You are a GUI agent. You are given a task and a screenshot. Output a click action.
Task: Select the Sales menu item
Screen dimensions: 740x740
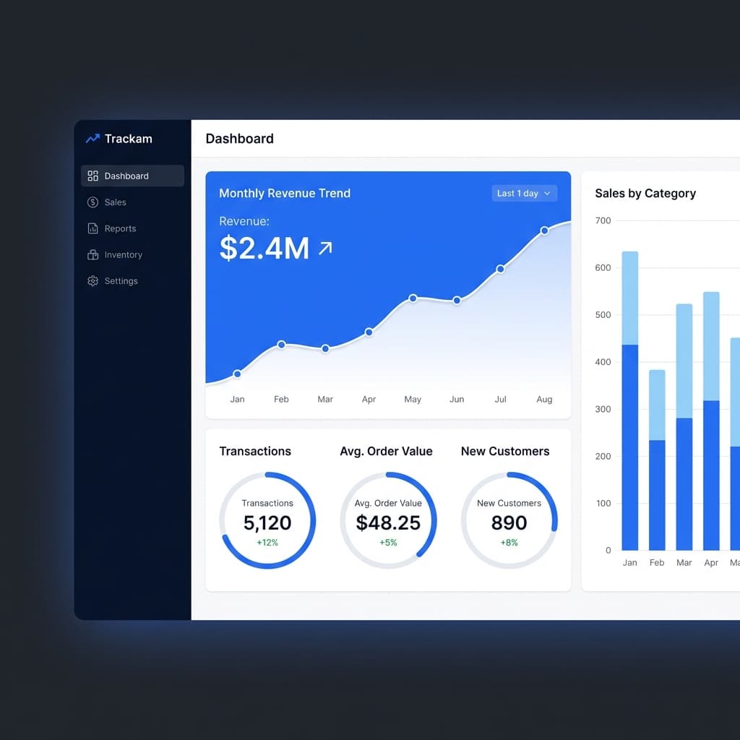[x=115, y=202]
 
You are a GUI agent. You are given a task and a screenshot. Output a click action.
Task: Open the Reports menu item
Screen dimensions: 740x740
[x=120, y=228]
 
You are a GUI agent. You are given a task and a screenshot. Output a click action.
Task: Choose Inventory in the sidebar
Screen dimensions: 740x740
[x=123, y=255]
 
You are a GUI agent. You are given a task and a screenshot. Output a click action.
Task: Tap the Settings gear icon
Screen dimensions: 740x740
[x=92, y=281]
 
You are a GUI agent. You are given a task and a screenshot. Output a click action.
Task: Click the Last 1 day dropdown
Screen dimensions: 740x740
[x=524, y=193]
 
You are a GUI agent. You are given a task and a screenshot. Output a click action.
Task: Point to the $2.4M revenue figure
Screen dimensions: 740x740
[x=264, y=249]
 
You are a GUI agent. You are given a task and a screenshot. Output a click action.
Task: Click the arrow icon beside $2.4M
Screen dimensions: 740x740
[x=325, y=249]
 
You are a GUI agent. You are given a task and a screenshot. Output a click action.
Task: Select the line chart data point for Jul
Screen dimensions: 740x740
[x=500, y=269]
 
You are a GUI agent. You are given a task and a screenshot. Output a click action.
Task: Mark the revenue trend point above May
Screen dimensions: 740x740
[x=413, y=298]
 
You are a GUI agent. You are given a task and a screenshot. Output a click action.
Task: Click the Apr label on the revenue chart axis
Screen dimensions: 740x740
[x=369, y=399]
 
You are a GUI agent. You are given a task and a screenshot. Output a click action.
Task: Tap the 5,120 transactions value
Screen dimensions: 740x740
[x=267, y=522]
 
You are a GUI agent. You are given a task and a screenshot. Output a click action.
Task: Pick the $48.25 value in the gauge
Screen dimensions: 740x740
[x=388, y=522]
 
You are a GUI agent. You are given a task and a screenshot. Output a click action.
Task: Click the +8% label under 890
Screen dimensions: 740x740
[x=509, y=543]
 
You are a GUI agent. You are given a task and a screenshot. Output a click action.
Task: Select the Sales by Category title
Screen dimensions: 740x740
[x=645, y=193]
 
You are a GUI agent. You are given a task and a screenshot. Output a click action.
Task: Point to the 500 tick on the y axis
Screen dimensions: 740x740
[x=602, y=315]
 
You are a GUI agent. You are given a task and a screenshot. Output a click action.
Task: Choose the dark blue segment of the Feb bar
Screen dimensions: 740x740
[x=657, y=495]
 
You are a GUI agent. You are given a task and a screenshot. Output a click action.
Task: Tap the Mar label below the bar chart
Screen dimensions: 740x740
[x=684, y=562]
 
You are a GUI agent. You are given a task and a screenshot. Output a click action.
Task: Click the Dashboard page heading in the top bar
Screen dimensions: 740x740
[x=239, y=139]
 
